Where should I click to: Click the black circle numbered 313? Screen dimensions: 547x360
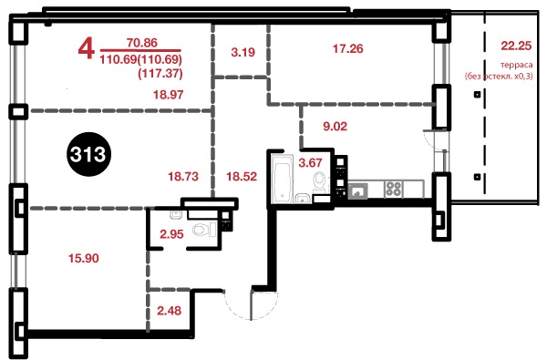(88, 154)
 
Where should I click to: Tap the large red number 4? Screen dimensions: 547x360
(87, 49)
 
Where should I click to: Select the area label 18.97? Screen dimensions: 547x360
(168, 95)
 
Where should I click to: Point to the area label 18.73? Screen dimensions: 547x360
(183, 176)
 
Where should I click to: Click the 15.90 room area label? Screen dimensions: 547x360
(83, 258)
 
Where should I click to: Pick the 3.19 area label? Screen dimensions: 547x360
(243, 52)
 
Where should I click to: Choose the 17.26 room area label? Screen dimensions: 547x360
(348, 48)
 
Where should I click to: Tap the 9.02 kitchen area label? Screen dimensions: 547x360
(335, 126)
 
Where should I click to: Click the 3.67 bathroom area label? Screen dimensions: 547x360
(310, 162)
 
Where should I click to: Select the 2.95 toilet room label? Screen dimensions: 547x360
(171, 234)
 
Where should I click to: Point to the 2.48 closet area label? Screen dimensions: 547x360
(170, 311)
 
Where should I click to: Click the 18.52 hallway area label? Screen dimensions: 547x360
(242, 176)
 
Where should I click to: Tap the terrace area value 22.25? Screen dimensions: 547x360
(516, 46)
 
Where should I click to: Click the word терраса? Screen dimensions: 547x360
(517, 65)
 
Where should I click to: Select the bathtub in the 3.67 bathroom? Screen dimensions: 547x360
(282, 180)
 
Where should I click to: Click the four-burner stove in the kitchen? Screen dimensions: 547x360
(394, 190)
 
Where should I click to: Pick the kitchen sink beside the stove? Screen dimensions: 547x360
(357, 190)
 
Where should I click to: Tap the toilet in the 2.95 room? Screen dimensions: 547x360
(204, 231)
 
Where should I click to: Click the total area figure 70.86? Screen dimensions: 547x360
(142, 43)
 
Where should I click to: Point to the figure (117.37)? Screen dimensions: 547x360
(160, 73)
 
